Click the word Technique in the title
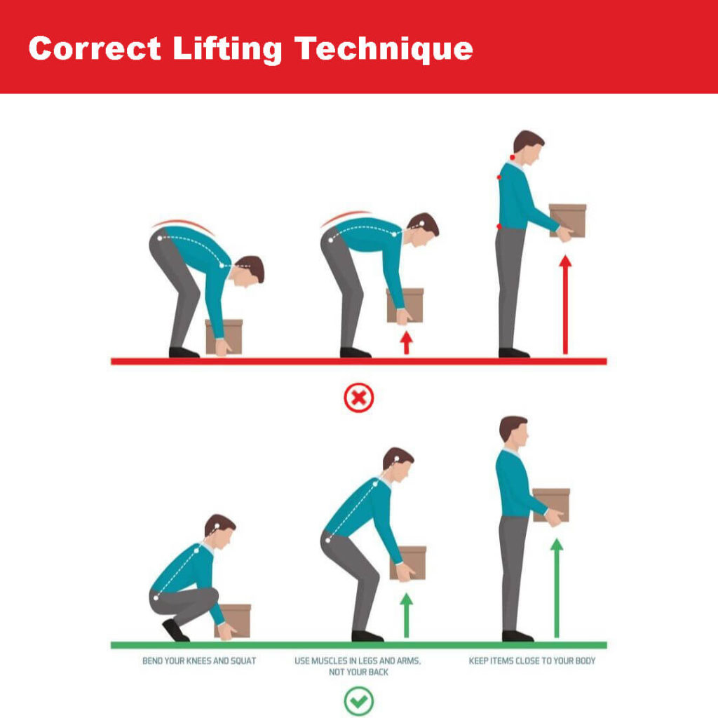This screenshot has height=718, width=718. pos(384,50)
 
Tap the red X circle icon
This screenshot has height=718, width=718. pos(358,398)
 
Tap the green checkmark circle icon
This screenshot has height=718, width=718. pos(358,700)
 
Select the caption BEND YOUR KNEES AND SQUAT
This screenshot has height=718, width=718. pos(199,661)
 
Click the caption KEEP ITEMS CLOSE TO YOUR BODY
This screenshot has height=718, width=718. pos(532,661)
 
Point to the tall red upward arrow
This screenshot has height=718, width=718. pos(566,304)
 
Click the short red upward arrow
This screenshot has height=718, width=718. pos(406,342)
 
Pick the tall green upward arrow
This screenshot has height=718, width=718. pos(557,588)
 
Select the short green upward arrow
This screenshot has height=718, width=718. pos(406,616)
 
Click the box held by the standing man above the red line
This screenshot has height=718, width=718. pos(568,221)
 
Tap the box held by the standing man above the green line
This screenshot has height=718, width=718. pos(551,505)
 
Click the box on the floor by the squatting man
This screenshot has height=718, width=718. pos(233,621)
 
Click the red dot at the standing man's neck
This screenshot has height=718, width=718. pos(513,158)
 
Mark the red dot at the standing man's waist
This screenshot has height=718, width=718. pos(499,226)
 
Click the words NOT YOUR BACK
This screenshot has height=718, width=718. pos(358,672)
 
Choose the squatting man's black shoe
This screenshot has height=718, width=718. pos(175,631)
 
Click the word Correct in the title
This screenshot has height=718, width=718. pos(95,48)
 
